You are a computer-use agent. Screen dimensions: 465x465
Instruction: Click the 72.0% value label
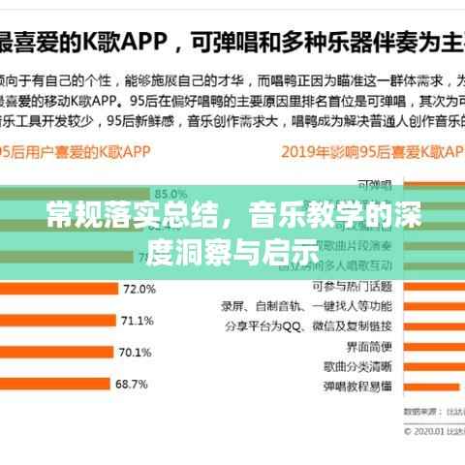click(139, 289)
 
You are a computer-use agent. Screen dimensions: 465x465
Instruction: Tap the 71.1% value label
click(136, 321)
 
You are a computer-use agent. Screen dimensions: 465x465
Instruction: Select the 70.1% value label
click(134, 353)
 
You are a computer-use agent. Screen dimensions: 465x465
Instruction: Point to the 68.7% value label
click(131, 385)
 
